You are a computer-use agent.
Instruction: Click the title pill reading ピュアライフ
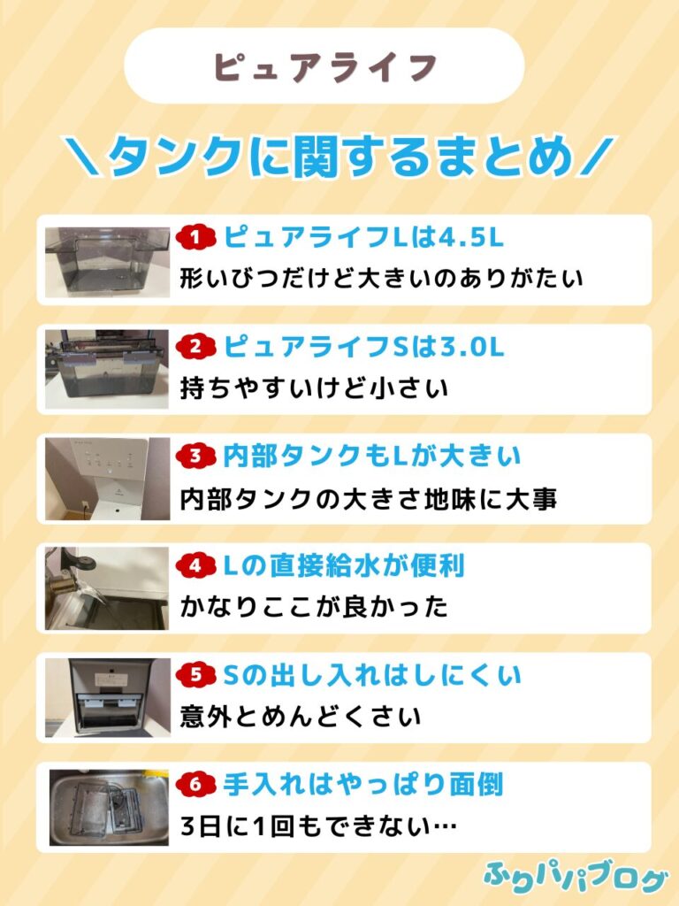pyautogui.click(x=324, y=65)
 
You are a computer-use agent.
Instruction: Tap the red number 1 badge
pyautogui.click(x=195, y=237)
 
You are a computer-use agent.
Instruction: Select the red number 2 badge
pyautogui.click(x=195, y=347)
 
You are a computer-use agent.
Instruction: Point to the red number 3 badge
pyautogui.click(x=195, y=456)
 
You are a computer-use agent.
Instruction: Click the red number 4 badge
pyautogui.click(x=195, y=565)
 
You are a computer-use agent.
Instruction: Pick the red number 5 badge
pyautogui.click(x=195, y=675)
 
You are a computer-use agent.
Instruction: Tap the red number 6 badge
pyautogui.click(x=195, y=784)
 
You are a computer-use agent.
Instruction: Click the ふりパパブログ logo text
pyautogui.click(x=575, y=879)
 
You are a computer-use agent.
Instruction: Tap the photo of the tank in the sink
pyautogui.click(x=109, y=807)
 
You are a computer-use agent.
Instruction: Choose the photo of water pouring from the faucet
pyautogui.click(x=107, y=588)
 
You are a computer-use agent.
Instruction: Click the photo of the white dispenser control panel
pyautogui.click(x=107, y=479)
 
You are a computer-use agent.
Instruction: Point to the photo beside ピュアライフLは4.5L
pyautogui.click(x=107, y=262)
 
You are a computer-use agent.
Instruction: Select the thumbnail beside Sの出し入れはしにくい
pyautogui.click(x=108, y=697)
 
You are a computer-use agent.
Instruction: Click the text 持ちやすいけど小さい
pyautogui.click(x=314, y=388)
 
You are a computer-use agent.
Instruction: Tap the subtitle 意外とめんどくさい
pyautogui.click(x=301, y=717)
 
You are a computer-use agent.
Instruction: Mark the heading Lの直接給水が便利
pyautogui.click(x=344, y=565)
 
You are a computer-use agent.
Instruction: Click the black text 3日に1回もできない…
pyautogui.click(x=318, y=825)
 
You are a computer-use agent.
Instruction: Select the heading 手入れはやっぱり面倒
pyautogui.click(x=362, y=784)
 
